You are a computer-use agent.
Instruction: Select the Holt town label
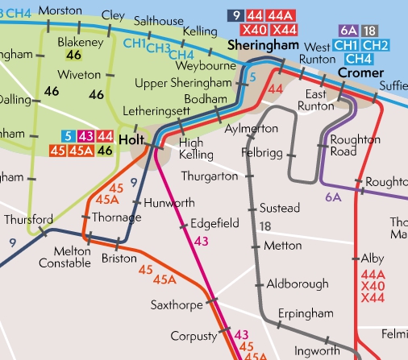coord(131,138)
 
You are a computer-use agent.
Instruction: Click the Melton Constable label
coord(61,257)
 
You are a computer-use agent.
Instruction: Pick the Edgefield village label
coord(214,223)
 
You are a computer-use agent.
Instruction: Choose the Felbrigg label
coord(264,151)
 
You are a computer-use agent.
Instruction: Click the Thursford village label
coord(28,219)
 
